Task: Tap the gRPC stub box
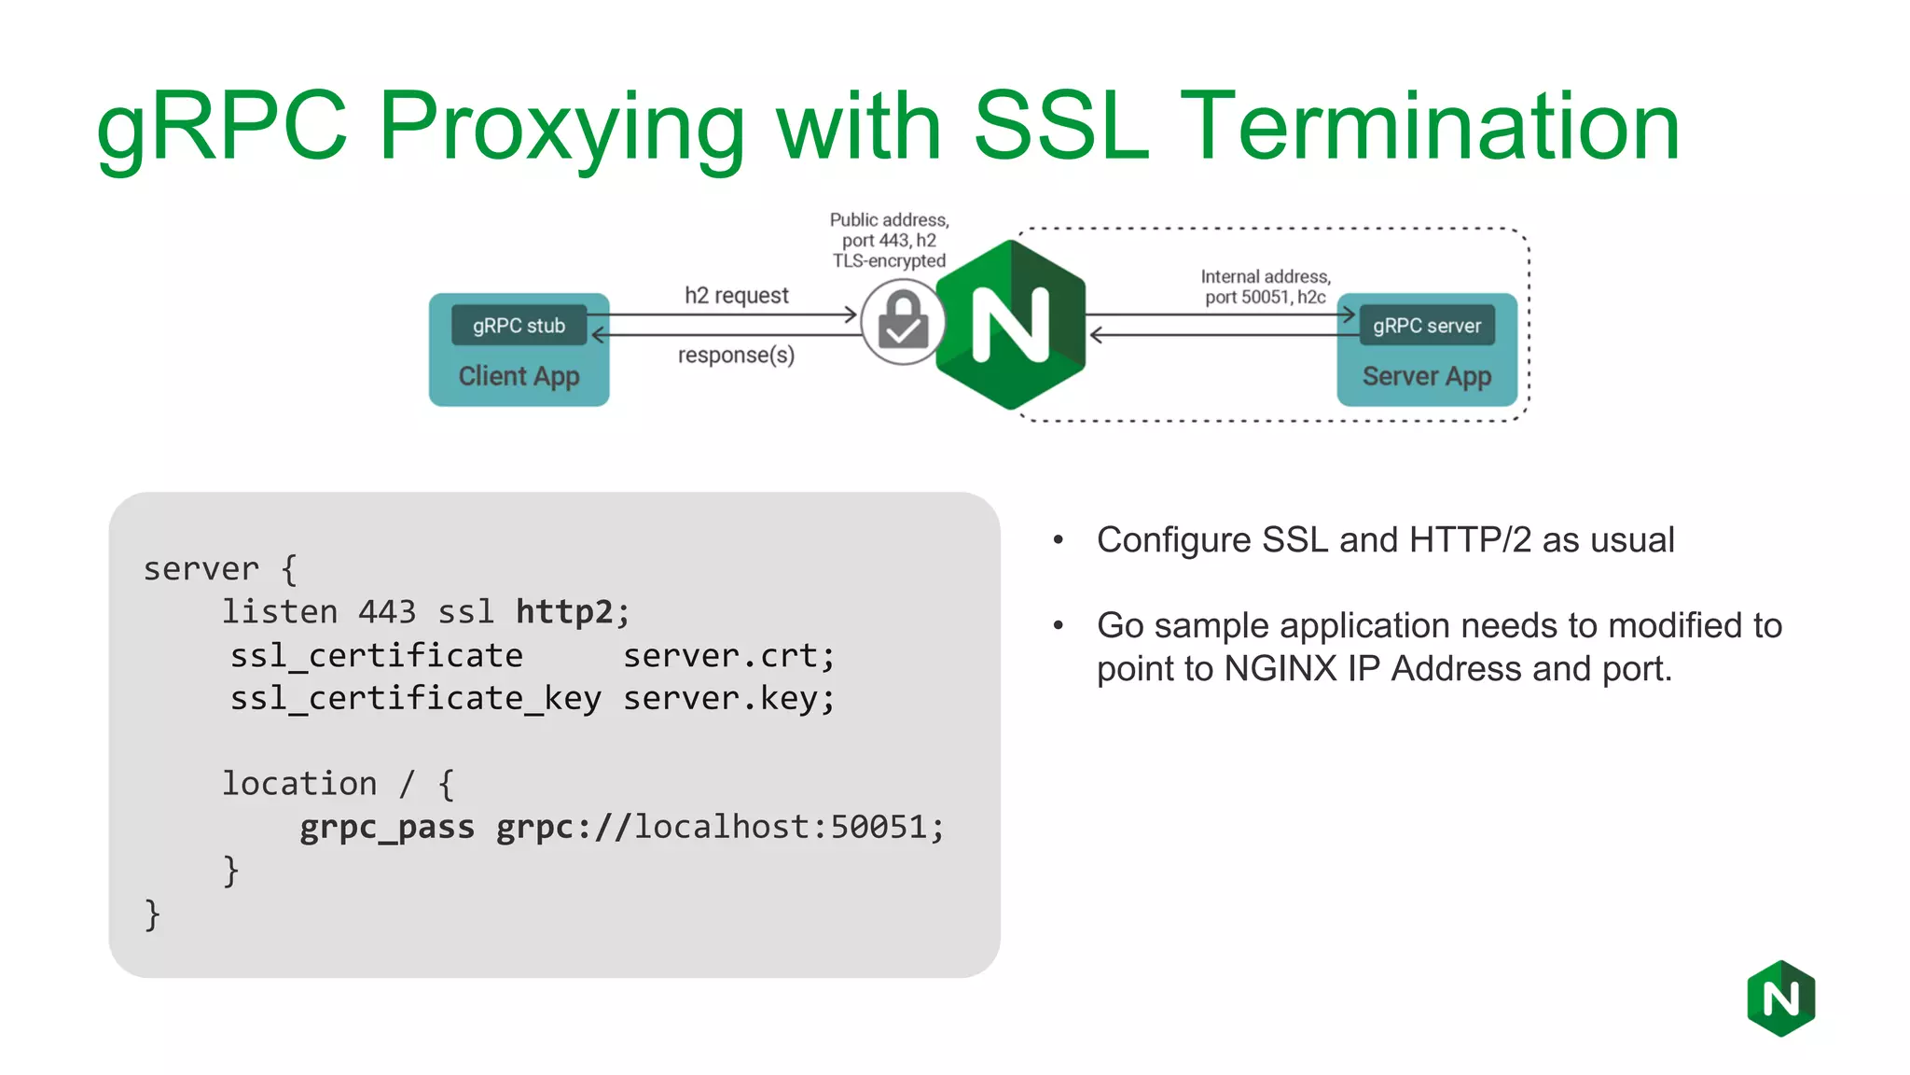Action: [519, 326]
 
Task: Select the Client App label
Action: [519, 376]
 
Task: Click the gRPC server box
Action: [1426, 326]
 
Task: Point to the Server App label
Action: [1426, 376]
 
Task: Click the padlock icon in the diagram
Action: [903, 322]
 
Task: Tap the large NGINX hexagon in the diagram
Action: [1011, 324]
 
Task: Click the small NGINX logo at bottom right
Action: [1780, 998]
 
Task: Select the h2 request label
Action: [736, 296]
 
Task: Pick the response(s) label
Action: [736, 356]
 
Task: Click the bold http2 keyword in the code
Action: [564, 612]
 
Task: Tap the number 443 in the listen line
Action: [387, 612]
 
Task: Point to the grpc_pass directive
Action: [386, 828]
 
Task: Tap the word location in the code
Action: [299, 784]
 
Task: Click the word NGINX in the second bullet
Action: [1280, 669]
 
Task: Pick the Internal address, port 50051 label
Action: [1265, 286]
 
